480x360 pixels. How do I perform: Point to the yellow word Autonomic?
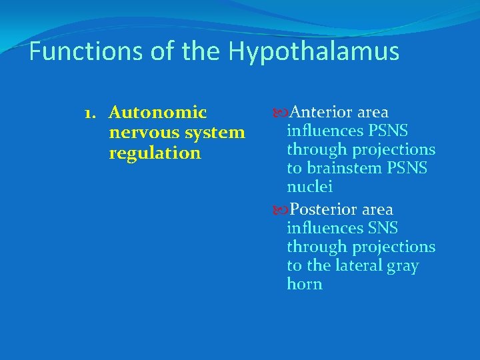click(157, 112)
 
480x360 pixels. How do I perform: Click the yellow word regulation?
click(154, 153)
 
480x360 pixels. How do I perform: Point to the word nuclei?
click(309, 187)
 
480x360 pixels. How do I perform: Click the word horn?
click(305, 284)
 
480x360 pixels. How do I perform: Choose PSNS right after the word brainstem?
click(407, 169)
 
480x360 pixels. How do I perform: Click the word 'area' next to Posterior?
click(378, 210)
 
